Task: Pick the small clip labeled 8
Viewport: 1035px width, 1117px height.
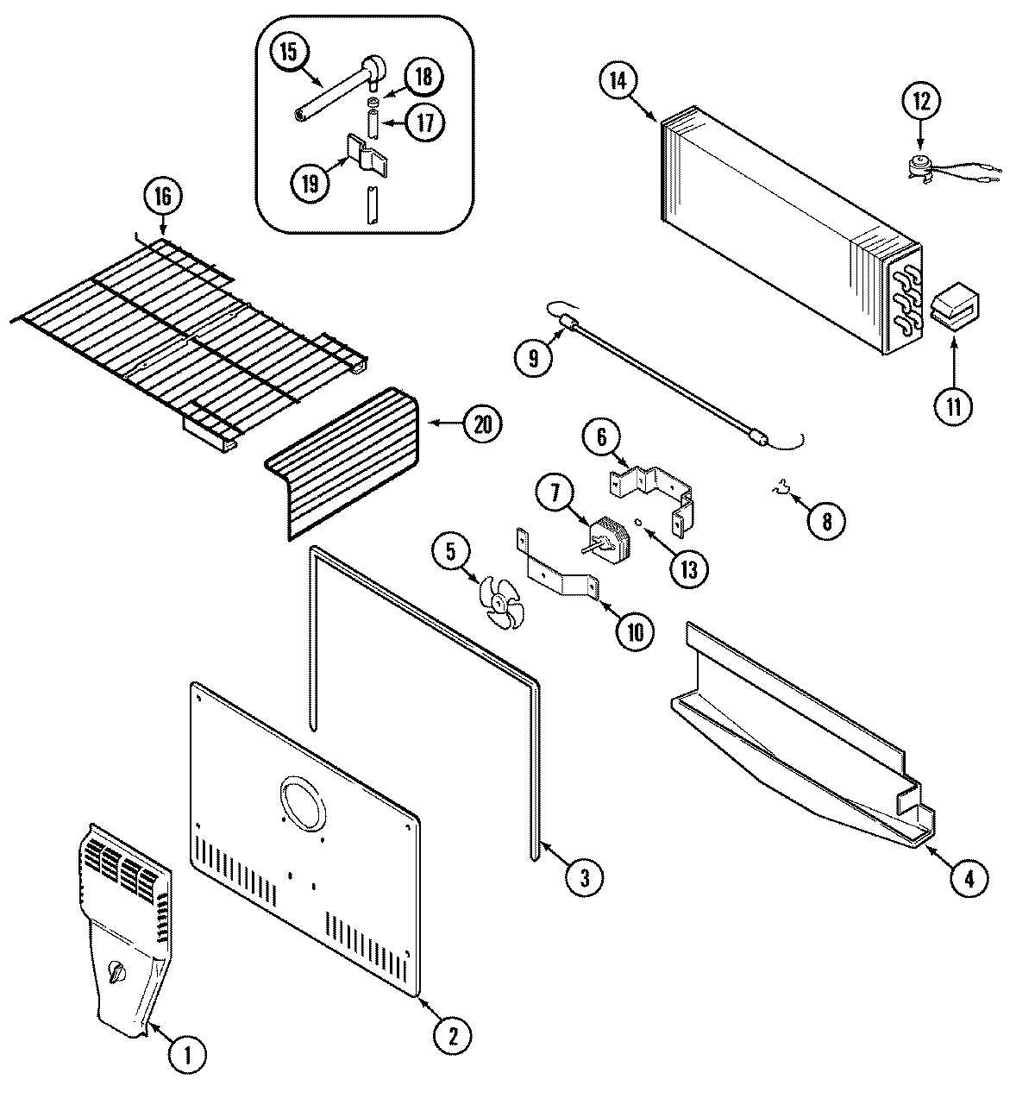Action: pyautogui.click(x=781, y=493)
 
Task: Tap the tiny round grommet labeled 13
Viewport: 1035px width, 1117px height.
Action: pyautogui.click(x=637, y=521)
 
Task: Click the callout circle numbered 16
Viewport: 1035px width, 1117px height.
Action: pyautogui.click(x=164, y=198)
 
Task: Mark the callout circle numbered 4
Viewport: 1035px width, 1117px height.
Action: pyautogui.click(x=969, y=878)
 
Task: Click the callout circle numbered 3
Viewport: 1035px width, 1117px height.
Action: pyautogui.click(x=584, y=877)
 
